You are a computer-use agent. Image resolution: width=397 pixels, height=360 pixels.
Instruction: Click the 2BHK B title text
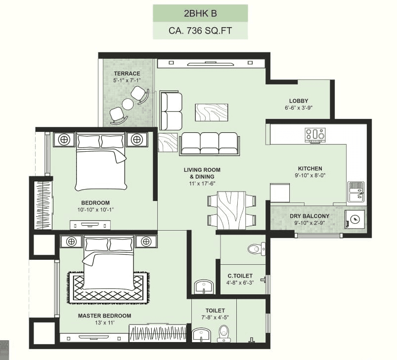coord(200,13)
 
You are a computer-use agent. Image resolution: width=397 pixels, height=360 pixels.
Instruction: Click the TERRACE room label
coord(127,74)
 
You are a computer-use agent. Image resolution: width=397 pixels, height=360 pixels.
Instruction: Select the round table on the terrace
coord(128,104)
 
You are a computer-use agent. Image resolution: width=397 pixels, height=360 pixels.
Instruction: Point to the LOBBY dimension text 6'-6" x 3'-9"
coord(299,107)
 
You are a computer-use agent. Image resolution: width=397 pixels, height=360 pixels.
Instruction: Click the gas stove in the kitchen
coord(315,134)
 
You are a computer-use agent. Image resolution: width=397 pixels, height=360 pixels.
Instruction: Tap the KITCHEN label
coord(310,168)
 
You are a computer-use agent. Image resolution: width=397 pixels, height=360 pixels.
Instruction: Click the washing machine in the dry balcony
coord(355,219)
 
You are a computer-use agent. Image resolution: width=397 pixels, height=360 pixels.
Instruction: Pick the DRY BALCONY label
coord(309,216)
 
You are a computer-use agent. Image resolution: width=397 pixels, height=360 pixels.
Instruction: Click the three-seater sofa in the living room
coord(209,144)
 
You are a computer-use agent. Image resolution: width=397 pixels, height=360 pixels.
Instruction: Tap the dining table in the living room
coord(232,210)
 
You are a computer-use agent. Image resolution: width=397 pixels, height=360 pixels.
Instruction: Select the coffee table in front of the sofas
coord(212,112)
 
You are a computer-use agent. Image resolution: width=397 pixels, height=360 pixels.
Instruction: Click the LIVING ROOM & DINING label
coord(202,173)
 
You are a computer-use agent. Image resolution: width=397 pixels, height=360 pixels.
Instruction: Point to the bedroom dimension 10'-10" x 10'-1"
coord(95,209)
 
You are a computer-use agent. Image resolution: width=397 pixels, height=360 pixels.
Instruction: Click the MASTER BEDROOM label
coord(104,316)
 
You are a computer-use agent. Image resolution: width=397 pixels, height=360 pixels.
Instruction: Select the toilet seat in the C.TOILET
coord(255,248)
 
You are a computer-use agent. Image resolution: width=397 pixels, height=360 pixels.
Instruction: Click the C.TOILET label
coord(240,276)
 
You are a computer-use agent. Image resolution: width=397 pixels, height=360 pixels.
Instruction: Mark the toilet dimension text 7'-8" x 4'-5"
coord(215,318)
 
